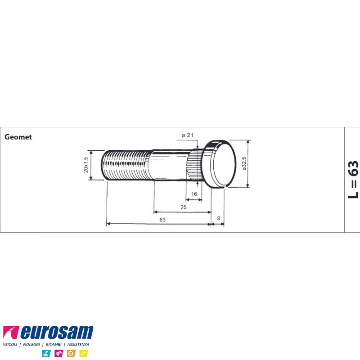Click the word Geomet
[x=18, y=137]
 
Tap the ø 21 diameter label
[x=187, y=135]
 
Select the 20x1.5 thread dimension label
[x=85, y=165]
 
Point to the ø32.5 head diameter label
[x=244, y=163]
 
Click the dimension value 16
[x=194, y=194]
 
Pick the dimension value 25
[x=184, y=207]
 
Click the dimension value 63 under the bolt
[x=162, y=220]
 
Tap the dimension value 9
[x=219, y=218]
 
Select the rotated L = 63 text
[x=353, y=180]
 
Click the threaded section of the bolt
[x=126, y=165]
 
